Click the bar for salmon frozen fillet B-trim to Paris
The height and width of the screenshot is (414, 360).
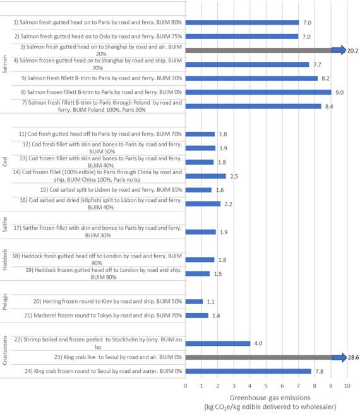(258, 92)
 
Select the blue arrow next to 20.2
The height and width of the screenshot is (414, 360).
(339, 50)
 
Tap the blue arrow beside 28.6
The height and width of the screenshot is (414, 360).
(339, 357)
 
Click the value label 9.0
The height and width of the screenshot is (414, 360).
(340, 92)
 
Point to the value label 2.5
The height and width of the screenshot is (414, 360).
(234, 176)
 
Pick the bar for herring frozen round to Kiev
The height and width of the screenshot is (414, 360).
(194, 302)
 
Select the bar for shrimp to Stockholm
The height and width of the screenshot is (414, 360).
(218, 343)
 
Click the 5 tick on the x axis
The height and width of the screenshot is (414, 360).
(266, 386)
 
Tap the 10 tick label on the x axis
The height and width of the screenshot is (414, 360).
(347, 386)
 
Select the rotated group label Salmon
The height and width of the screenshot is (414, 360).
(4, 64)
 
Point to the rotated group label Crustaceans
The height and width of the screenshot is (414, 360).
(4, 350)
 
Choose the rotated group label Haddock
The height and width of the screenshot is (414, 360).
(4, 260)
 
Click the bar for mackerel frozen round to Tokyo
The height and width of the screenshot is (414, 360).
(197, 316)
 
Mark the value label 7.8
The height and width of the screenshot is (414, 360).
(320, 372)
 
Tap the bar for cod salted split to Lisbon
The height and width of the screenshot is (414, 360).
(198, 190)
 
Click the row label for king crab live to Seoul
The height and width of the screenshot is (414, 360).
(118, 357)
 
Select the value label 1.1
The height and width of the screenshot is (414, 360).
(211, 302)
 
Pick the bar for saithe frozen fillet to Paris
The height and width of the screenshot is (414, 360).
(201, 232)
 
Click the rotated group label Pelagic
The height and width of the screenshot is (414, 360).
(4, 302)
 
